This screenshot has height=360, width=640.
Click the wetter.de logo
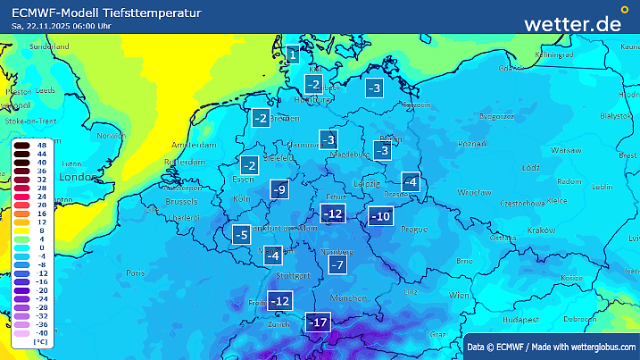coord(572,23)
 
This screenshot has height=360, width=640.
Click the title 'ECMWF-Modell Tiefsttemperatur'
coord(106,13)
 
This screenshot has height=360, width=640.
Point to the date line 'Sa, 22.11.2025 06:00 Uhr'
coord(62,26)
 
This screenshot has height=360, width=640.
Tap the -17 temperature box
coord(319,322)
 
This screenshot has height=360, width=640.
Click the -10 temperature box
coord(381,216)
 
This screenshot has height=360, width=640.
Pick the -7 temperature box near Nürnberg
coord(337,264)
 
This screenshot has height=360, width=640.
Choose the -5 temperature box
coord(241,235)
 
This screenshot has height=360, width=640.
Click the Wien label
coord(459,295)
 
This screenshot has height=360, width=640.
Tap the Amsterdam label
coord(188,145)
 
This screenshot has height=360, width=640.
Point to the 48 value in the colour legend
coord(42,144)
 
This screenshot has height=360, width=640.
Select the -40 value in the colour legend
coord(40,332)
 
